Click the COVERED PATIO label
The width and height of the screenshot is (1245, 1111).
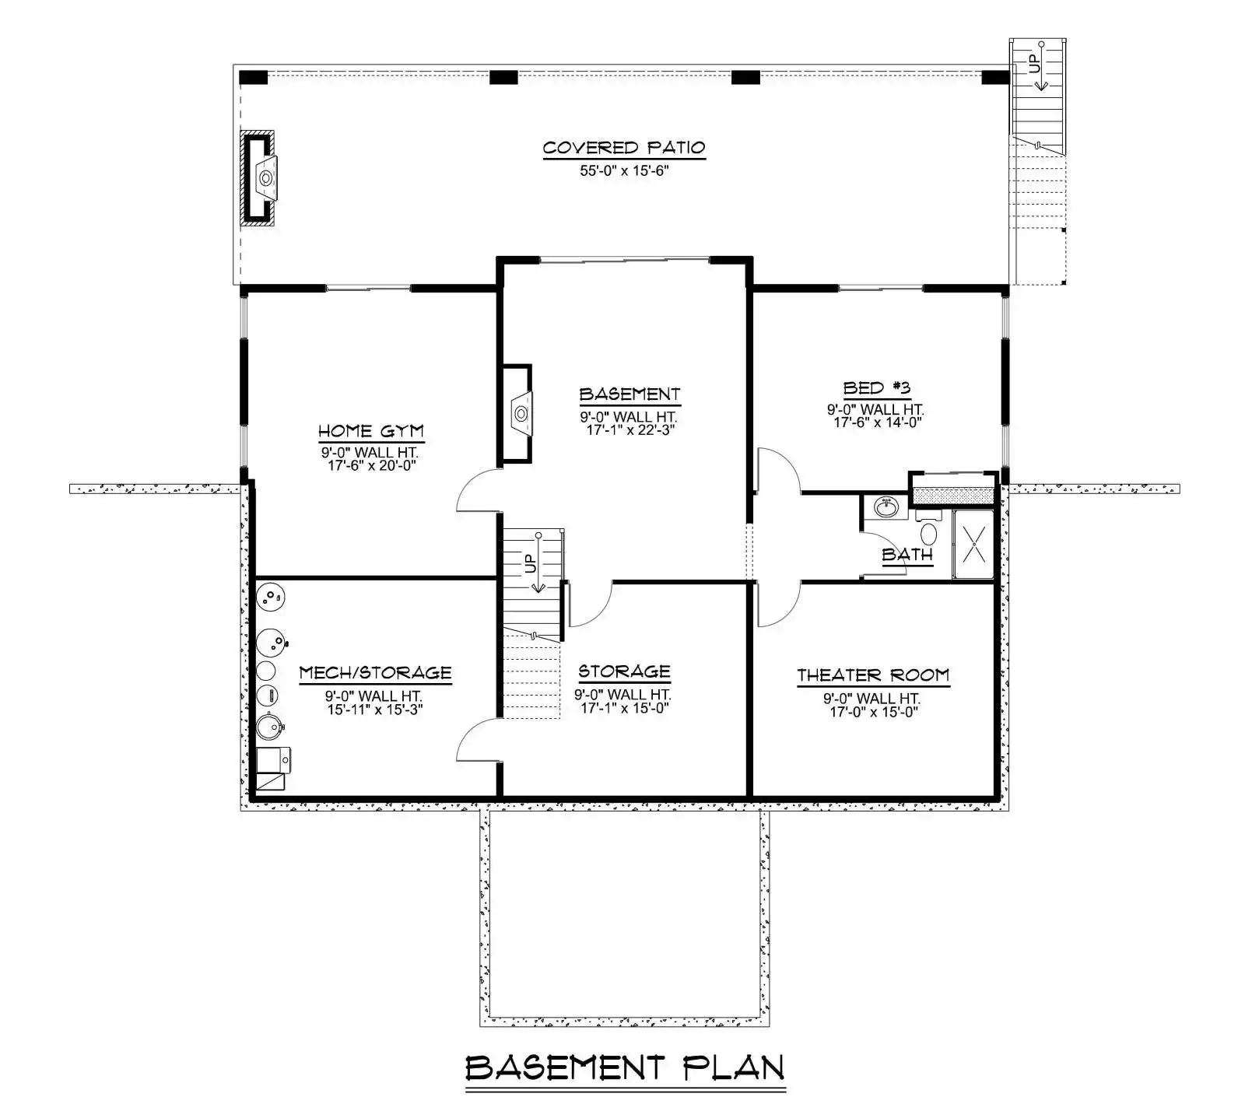pyautogui.click(x=624, y=147)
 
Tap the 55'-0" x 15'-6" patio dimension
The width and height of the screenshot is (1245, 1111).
pyautogui.click(x=624, y=170)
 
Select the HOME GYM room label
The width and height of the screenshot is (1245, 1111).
pyautogui.click(x=371, y=431)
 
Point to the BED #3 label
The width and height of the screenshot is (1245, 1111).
pyautogui.click(x=877, y=387)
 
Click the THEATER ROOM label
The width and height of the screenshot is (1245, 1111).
pyautogui.click(x=873, y=675)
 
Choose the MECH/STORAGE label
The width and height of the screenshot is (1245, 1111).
pyautogui.click(x=375, y=672)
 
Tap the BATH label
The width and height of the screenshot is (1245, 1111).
pyautogui.click(x=907, y=555)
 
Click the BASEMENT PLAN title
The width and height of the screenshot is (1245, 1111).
pyautogui.click(x=625, y=1068)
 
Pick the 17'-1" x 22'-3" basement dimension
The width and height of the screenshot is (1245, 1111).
pyautogui.click(x=630, y=429)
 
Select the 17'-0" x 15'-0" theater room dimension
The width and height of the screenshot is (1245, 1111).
pyautogui.click(x=875, y=712)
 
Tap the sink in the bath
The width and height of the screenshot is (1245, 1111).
pyautogui.click(x=886, y=507)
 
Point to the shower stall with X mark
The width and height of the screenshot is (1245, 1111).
pyautogui.click(x=973, y=544)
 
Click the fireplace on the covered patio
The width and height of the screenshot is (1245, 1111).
pyautogui.click(x=259, y=178)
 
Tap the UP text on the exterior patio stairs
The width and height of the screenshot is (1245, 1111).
pyautogui.click(x=1034, y=62)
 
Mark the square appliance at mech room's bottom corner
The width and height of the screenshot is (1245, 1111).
pyautogui.click(x=273, y=768)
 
